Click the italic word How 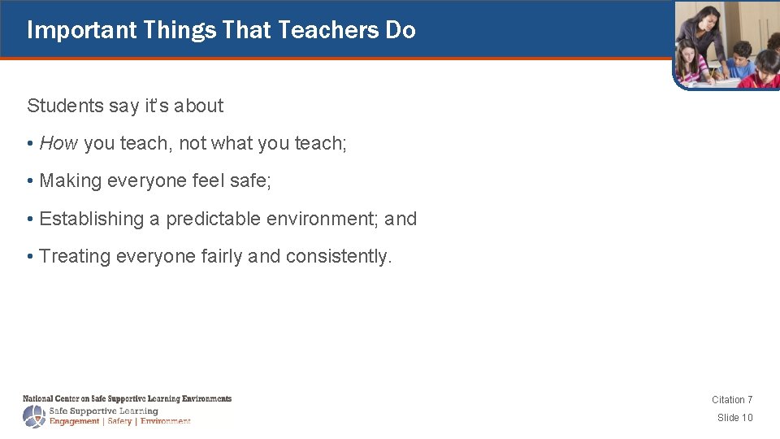pyautogui.click(x=58, y=143)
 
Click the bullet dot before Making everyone pyautogui.click(x=30, y=181)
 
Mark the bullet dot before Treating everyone pyautogui.click(x=30, y=257)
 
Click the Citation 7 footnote pyautogui.click(x=732, y=399)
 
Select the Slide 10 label pyautogui.click(x=734, y=417)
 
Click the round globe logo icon pyautogui.click(x=34, y=416)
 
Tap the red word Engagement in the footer pyautogui.click(x=75, y=421)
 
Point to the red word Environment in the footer pyautogui.click(x=165, y=421)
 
